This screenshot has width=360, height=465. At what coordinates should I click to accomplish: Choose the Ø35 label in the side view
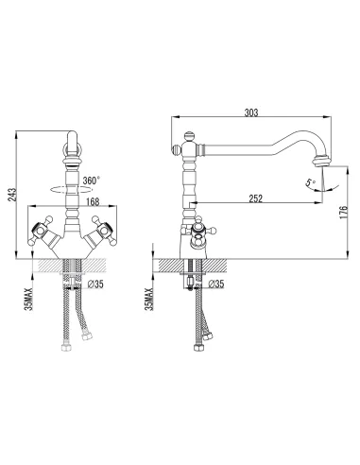215,283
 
